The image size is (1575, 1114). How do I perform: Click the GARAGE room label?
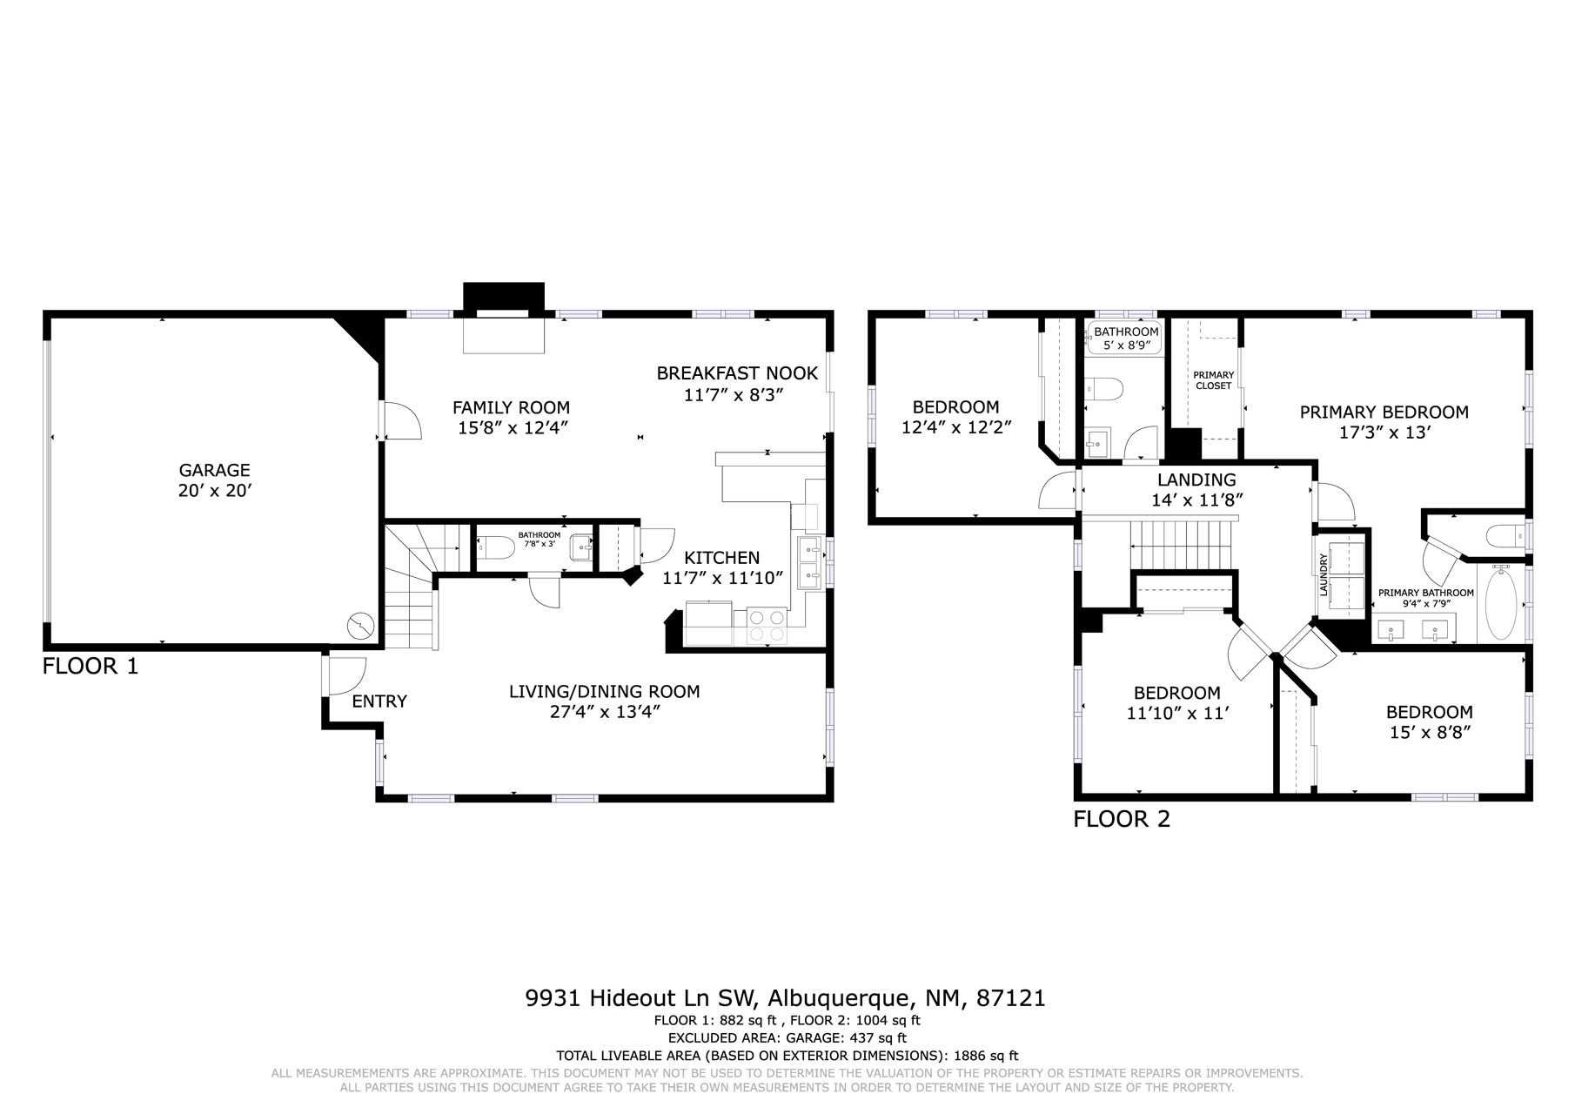214,471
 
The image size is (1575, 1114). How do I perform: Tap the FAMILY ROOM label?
511,407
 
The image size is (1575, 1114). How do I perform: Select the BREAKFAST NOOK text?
737,373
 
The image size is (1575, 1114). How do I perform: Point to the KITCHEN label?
721,558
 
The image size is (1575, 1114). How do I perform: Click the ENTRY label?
379,701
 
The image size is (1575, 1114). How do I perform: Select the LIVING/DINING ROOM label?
604,692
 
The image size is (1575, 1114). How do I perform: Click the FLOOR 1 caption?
90,667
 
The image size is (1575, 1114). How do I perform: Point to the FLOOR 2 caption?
1122,819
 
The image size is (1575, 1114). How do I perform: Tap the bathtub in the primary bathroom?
1500,604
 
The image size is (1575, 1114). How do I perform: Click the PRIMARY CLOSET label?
1213,380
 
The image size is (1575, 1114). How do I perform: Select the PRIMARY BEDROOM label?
1384,413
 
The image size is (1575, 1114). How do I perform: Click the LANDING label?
1196,480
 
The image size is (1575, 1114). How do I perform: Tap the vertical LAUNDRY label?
1324,574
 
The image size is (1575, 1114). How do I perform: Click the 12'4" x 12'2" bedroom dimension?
955,427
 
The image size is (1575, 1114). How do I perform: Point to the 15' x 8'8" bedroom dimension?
1430,733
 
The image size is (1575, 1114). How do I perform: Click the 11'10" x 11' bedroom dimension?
1176,714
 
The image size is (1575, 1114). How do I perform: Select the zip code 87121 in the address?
1011,997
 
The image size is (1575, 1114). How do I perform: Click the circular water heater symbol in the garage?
359,625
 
